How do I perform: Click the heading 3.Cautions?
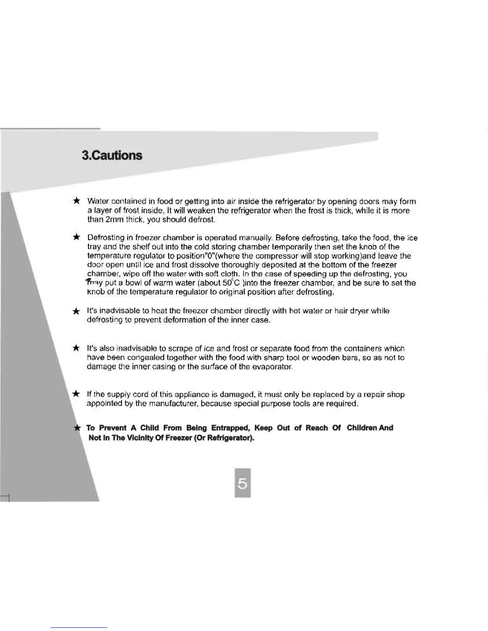point(112,155)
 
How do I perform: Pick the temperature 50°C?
point(231,283)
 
